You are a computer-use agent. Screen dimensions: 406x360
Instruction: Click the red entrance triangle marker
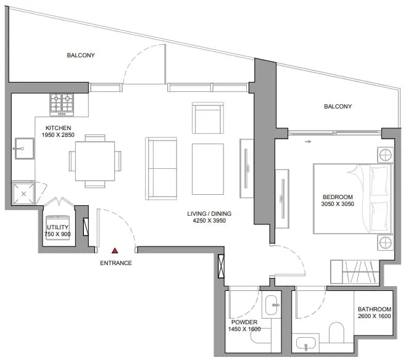[x=115, y=251]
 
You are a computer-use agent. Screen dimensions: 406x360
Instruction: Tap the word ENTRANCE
[x=116, y=263]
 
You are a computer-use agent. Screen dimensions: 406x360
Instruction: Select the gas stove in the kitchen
[x=62, y=105]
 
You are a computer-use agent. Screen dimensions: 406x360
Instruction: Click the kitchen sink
[x=24, y=149]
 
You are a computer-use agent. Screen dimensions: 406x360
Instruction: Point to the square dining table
[x=95, y=161]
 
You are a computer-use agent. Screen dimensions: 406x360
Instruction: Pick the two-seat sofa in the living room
[x=161, y=168]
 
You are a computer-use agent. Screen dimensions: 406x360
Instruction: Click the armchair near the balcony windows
[x=208, y=118]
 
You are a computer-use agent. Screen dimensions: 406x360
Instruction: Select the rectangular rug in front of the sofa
[x=208, y=169]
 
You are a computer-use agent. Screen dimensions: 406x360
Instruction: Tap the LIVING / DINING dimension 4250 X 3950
[x=209, y=221]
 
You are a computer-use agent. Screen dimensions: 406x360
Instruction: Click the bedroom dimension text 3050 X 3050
[x=338, y=204]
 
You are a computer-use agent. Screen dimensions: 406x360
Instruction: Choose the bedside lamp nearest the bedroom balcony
[x=385, y=155]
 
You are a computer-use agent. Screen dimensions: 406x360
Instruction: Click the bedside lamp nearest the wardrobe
[x=385, y=243]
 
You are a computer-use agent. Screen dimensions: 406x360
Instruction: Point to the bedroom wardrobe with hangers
[x=355, y=272]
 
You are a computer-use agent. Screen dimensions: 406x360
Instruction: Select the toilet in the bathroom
[x=336, y=332]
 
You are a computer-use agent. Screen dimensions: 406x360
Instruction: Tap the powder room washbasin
[x=271, y=305]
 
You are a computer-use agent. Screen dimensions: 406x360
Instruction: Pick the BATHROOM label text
[x=375, y=309]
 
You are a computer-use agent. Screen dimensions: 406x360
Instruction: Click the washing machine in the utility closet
[x=58, y=227]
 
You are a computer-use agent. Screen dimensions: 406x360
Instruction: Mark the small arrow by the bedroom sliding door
[x=308, y=141]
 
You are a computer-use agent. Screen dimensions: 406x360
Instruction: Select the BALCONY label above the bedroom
[x=338, y=106]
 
